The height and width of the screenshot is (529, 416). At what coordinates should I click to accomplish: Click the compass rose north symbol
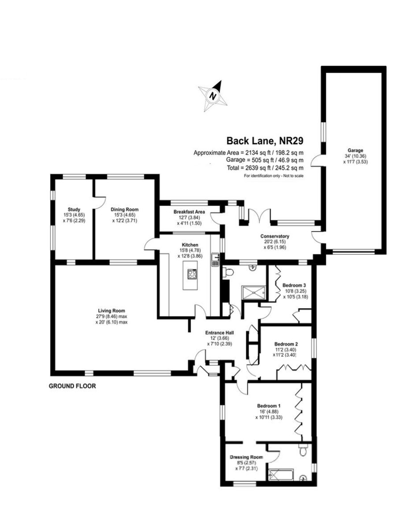[x=213, y=96]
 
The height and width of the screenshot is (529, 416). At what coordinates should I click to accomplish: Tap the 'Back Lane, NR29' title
[x=265, y=141]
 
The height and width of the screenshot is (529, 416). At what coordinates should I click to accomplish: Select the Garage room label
[x=356, y=150]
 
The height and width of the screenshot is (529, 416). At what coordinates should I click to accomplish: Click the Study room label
[x=74, y=209]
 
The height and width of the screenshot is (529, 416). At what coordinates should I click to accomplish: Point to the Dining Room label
[x=124, y=209]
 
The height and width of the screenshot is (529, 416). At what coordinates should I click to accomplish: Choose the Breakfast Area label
[x=189, y=212]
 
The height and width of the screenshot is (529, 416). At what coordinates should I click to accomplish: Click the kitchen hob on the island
[x=192, y=274]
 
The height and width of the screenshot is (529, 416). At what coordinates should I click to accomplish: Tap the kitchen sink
[x=216, y=260]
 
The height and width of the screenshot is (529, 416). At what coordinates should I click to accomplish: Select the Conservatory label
[x=275, y=236]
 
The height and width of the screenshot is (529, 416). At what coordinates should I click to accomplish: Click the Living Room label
[x=112, y=311]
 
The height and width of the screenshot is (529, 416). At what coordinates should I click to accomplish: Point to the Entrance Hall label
[x=219, y=333]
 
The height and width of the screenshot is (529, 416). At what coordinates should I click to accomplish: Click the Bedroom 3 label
[x=294, y=285]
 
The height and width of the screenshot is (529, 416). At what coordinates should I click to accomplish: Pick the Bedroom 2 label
[x=286, y=344]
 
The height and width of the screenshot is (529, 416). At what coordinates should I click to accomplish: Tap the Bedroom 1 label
[x=269, y=406]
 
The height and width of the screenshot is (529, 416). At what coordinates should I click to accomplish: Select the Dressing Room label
[x=246, y=457]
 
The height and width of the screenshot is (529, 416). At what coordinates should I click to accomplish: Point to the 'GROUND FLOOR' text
[x=72, y=386]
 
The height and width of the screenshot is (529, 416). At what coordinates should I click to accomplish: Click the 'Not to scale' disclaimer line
[x=274, y=176]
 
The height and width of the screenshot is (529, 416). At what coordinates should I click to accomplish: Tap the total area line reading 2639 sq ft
[x=265, y=168]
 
